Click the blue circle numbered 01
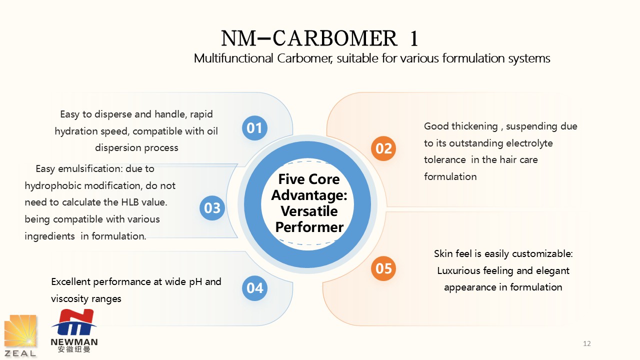[x=254, y=128]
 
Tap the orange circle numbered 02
[x=383, y=148]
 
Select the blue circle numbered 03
[x=212, y=207]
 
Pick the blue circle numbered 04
[x=254, y=288]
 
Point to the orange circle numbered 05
[x=383, y=268]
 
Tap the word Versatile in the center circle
[x=309, y=211]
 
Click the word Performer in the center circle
[x=309, y=227]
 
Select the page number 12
[x=587, y=343]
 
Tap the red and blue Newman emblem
[x=74, y=322]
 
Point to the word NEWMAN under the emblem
[x=74, y=342]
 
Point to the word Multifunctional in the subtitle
[x=233, y=58]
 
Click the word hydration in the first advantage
[x=77, y=131]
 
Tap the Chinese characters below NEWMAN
[x=74, y=349]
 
